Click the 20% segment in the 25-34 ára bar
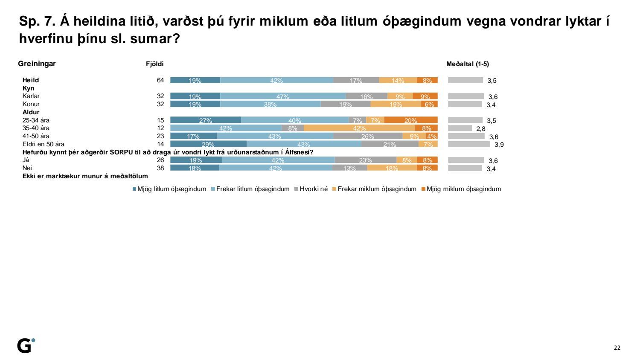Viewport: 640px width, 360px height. tap(411, 120)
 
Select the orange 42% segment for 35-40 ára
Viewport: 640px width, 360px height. tap(359, 128)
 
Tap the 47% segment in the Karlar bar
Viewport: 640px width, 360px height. tap(283, 96)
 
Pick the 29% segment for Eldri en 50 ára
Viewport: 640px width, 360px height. tap(208, 144)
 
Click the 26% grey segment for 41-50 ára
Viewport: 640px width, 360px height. tap(368, 136)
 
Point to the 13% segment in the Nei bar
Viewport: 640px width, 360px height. tap(349, 168)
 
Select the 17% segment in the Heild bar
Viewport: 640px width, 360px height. tap(356, 80)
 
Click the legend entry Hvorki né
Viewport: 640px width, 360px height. tap(314, 189)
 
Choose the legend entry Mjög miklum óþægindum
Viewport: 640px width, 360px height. tap(463, 189)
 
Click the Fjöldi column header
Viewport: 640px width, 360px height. tap(154, 64)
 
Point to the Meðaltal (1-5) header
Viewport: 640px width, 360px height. tap(468, 64)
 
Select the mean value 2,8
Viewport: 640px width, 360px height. tap(481, 129)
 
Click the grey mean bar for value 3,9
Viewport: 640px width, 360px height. tap(469, 144)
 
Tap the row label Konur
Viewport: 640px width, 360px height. tap(31, 104)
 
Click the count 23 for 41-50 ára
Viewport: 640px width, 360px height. tap(160, 136)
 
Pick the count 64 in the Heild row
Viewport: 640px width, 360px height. tap(160, 80)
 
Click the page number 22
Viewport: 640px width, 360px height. tap(617, 348)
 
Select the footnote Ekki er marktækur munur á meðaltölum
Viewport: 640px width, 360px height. tap(85, 176)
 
